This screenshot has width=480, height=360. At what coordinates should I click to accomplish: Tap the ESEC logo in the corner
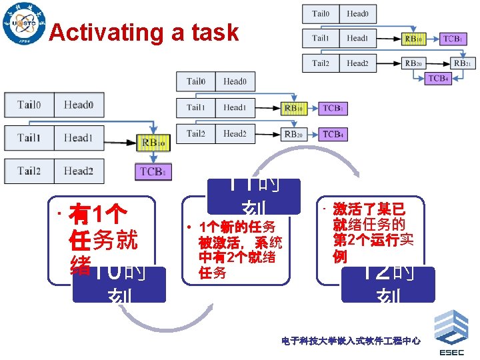[451, 333]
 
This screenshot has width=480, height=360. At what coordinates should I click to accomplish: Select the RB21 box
[461, 63]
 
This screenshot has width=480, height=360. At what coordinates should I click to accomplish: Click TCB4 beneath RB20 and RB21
[438, 79]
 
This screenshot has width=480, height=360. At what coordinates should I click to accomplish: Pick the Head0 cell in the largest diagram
[78, 105]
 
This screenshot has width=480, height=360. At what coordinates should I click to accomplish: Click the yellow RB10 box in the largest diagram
[153, 141]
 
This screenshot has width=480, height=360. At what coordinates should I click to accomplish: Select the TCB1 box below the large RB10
[153, 171]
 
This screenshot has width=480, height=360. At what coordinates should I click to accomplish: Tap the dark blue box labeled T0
[119, 284]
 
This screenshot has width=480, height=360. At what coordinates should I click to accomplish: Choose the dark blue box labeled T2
[387, 284]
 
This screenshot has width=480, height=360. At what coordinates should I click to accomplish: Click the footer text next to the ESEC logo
[351, 341]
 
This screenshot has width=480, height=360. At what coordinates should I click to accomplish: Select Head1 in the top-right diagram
[358, 38]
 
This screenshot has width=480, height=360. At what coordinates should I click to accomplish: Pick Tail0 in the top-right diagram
[321, 13]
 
